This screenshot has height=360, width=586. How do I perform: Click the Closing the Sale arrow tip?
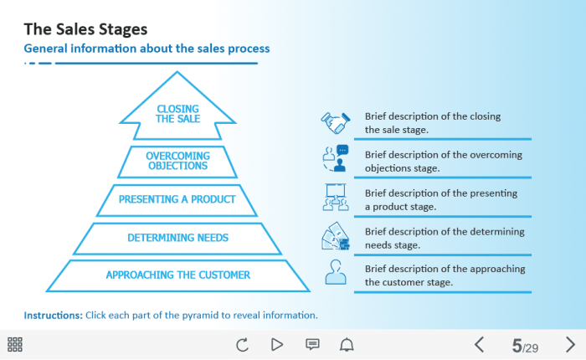pyautogui.click(x=177, y=113)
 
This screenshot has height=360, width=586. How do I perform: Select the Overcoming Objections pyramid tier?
pyautogui.click(x=177, y=161)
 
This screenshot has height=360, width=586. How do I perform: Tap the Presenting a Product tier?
pyautogui.click(x=177, y=199)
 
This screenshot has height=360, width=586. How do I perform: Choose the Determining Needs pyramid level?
pyautogui.click(x=177, y=238)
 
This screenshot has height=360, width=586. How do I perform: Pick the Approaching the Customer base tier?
pyautogui.click(x=177, y=275)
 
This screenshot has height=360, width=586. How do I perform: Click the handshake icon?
pyautogui.click(x=336, y=122)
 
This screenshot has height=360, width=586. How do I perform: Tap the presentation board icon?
pyautogui.click(x=336, y=198)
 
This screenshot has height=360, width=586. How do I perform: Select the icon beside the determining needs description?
pyautogui.click(x=336, y=236)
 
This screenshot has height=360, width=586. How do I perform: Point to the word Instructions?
pyautogui.click(x=52, y=316)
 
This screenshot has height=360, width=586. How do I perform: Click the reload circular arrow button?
pyautogui.click(x=243, y=344)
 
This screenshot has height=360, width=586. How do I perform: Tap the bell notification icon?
pyautogui.click(x=347, y=344)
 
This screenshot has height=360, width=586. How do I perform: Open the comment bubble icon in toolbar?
pyautogui.click(x=312, y=344)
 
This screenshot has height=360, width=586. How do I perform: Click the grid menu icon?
pyautogui.click(x=15, y=344)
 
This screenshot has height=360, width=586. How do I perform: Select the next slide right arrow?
pyautogui.click(x=570, y=344)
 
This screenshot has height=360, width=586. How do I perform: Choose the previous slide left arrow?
pyautogui.click(x=479, y=344)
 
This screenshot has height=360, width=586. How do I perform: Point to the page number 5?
pyautogui.click(x=517, y=345)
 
